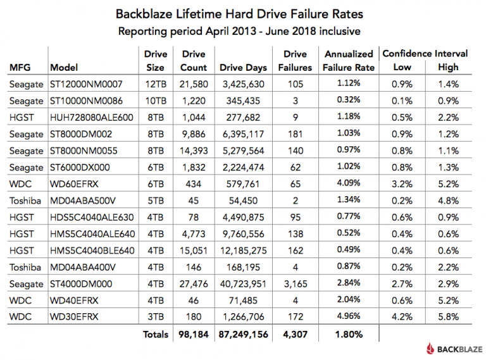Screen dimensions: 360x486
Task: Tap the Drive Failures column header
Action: [x=295, y=61]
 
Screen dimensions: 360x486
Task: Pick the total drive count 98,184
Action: [x=194, y=333]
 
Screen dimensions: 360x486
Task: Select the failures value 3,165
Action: [x=295, y=282]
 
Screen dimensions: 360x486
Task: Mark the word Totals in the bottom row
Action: [x=155, y=333]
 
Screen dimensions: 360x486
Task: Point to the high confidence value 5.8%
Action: [x=448, y=315]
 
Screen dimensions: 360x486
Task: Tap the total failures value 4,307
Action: [x=295, y=333]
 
